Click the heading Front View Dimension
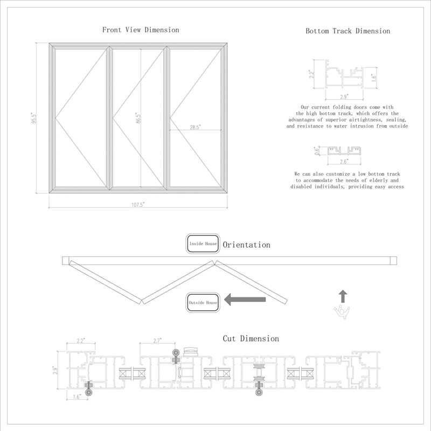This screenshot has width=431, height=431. coord(141,30)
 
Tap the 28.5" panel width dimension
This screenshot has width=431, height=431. coord(195,127)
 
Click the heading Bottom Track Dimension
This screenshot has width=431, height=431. coord(347,31)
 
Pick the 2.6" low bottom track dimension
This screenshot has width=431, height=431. coord(344,161)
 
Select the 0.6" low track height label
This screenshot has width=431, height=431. coord(317,151)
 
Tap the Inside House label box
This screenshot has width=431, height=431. coord(203,244)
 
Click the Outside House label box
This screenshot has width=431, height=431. coord(203,303)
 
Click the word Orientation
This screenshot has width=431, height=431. coord(246,245)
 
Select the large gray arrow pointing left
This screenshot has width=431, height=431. coord(244,300)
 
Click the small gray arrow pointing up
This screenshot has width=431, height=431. coord(343,296)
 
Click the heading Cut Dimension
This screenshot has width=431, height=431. coord(251,338)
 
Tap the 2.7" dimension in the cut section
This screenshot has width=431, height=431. coord(158,340)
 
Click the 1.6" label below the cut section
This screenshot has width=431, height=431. coord(78,397)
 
